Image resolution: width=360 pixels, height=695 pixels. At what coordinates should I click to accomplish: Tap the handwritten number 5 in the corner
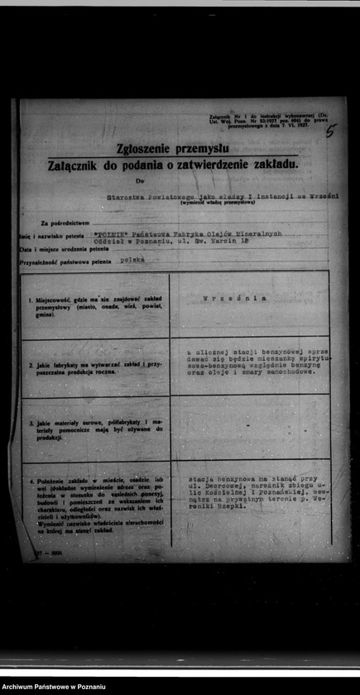point(331,130)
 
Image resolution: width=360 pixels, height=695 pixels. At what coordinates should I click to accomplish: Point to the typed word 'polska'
point(132,259)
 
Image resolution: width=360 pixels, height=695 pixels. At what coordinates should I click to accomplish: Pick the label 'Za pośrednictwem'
point(65,223)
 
